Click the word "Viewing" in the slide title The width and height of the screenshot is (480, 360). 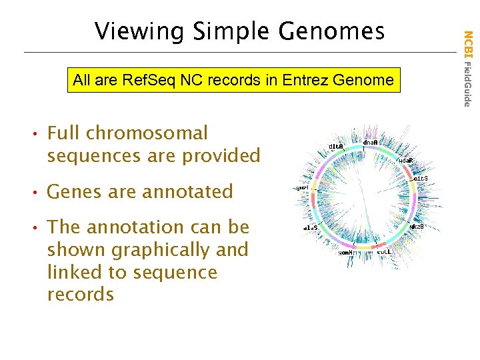pos(135,31)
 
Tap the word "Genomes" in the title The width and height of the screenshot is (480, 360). pos(331,31)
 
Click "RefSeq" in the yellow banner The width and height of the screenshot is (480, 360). pos(143,81)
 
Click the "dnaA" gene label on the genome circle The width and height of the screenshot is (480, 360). pos(371,142)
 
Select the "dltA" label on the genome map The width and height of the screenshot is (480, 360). pos(336,147)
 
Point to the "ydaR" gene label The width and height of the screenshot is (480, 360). pos(406,161)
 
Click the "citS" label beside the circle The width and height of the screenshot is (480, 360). pos(421,179)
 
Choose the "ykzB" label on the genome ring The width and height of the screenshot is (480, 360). pos(417,227)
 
